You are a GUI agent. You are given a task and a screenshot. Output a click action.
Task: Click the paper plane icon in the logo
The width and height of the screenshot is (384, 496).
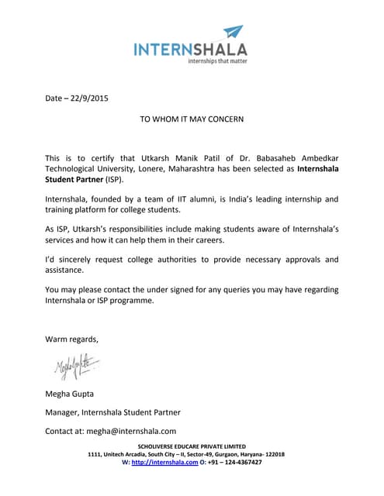[x=233, y=33]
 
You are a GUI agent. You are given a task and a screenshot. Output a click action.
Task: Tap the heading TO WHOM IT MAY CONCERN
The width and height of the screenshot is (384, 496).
[x=192, y=119]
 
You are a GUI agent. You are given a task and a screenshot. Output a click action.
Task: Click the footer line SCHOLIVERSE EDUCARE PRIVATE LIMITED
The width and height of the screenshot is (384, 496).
[x=192, y=446]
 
